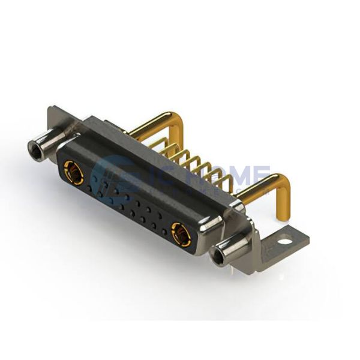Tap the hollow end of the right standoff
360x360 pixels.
pos(220,258)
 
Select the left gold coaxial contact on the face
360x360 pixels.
pos(73,173)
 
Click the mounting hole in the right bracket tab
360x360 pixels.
pos(285,242)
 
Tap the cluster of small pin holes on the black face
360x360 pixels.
pos(135,207)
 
